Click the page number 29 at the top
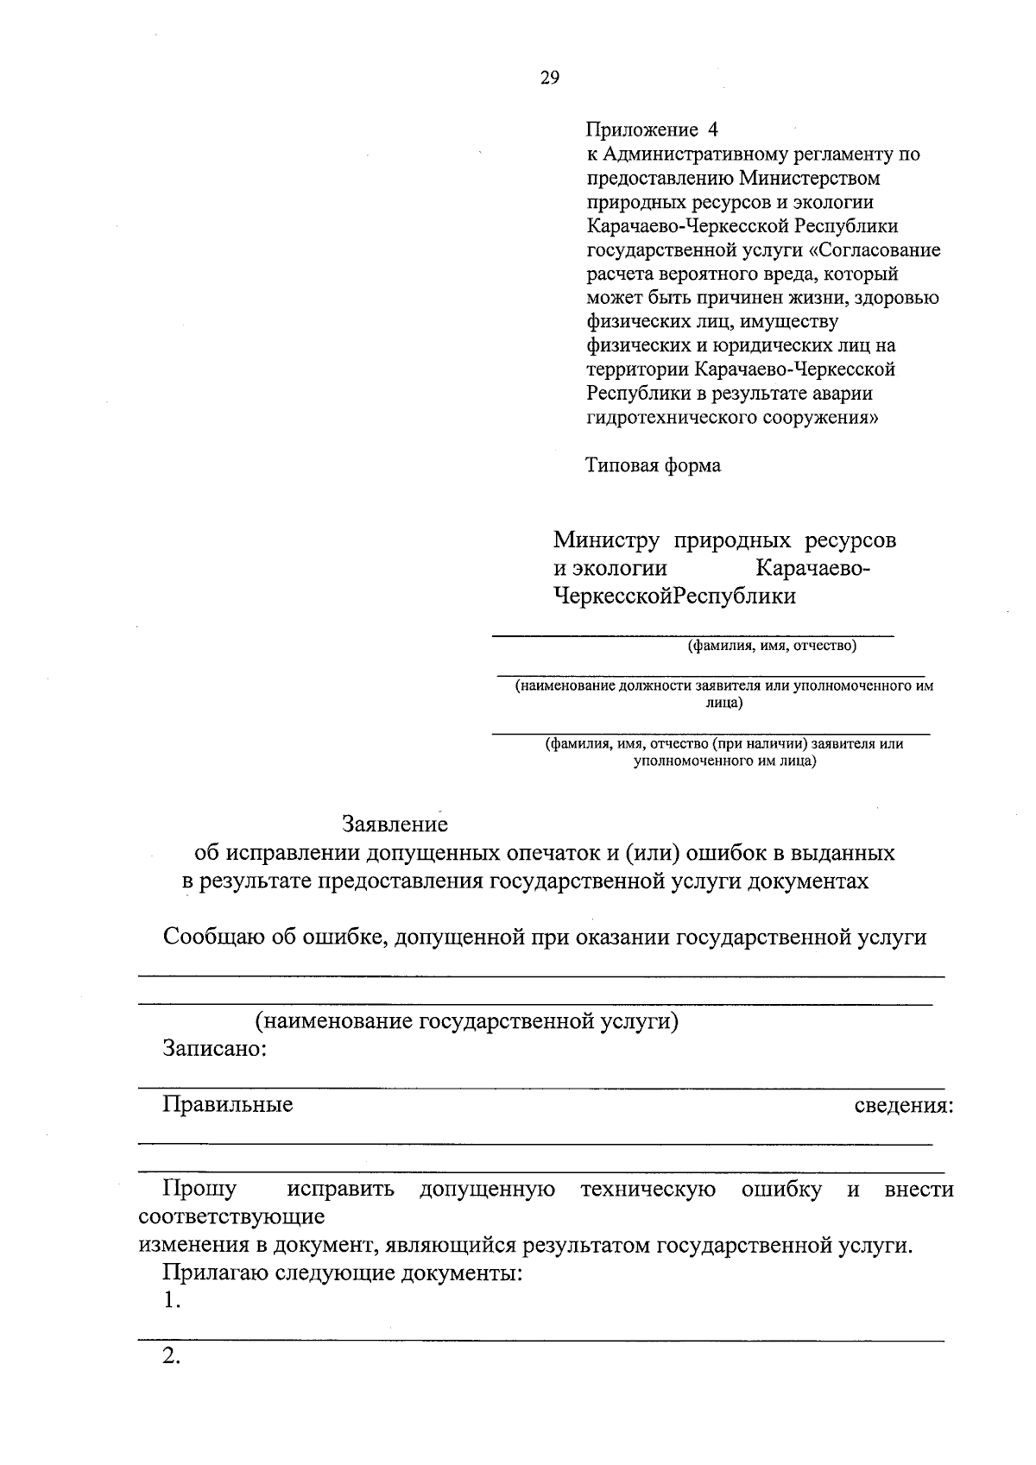550,79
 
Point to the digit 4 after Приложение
712,130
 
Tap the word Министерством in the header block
810,179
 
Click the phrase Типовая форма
653,466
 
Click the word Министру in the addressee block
606,540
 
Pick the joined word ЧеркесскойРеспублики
674,597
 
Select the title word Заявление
395,824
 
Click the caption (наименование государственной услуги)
466,1021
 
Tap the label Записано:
214,1050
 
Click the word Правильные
228,1104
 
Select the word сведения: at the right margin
903,1106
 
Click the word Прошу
199,1190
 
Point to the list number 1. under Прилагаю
171,1301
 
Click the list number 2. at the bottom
171,1356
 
